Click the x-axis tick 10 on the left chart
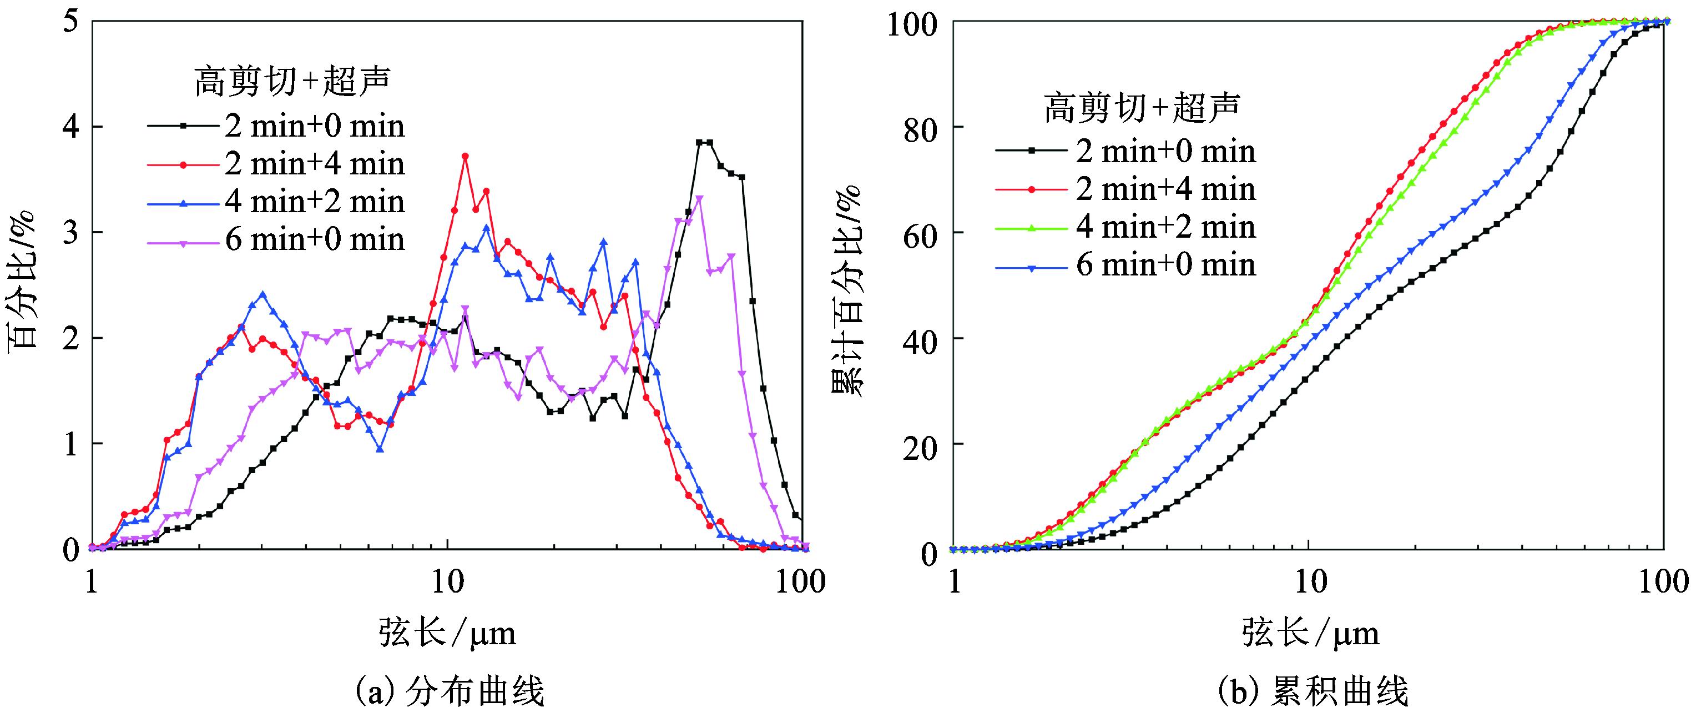click(x=447, y=582)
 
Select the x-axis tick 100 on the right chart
click(x=1662, y=582)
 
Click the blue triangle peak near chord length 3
click(x=263, y=295)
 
